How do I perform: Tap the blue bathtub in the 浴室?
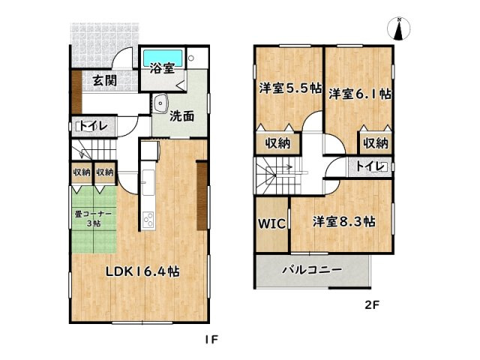tap(163, 57)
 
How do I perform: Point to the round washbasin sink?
tap(159, 104)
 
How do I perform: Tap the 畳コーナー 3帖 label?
tap(94, 218)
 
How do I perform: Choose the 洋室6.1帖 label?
tap(359, 94)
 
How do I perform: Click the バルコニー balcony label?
tap(311, 269)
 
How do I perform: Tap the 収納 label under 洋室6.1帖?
tap(376, 142)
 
